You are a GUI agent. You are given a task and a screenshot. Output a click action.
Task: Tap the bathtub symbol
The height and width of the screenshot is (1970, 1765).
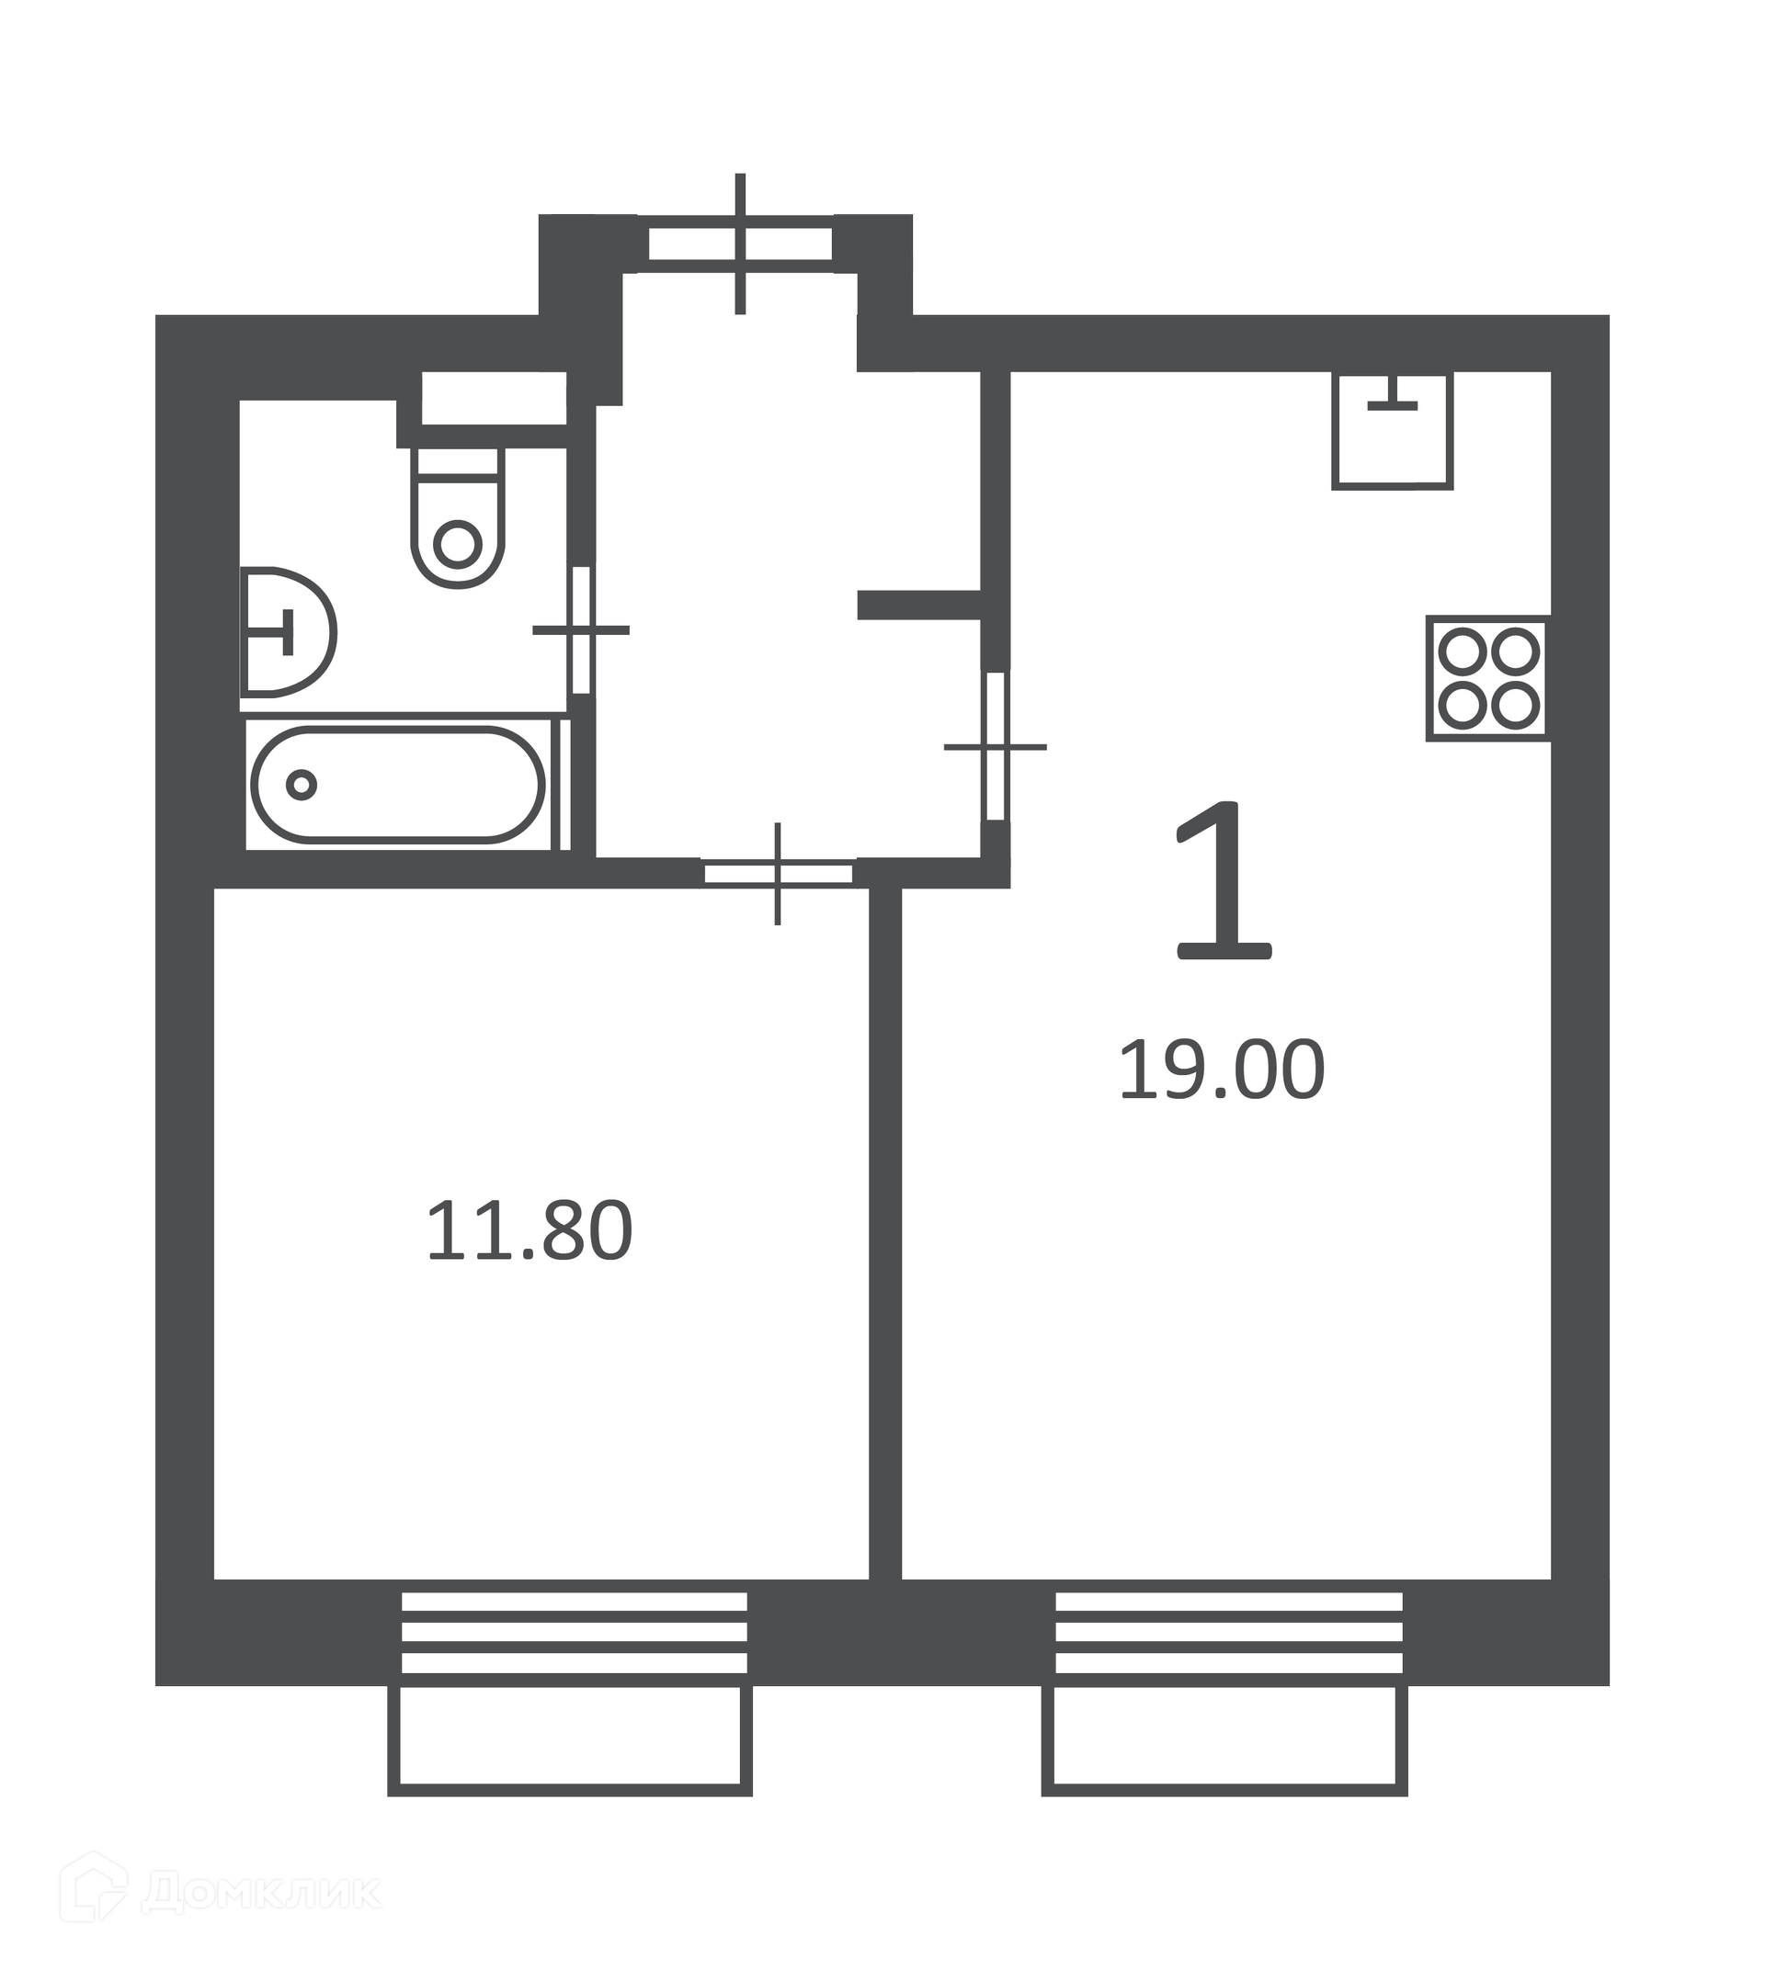(398, 785)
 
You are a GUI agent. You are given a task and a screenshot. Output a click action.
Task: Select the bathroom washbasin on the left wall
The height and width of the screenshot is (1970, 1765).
(287, 632)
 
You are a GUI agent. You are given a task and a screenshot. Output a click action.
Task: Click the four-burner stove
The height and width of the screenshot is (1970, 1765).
(1487, 679)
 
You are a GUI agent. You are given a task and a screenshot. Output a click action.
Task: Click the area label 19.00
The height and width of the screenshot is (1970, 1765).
(1222, 1070)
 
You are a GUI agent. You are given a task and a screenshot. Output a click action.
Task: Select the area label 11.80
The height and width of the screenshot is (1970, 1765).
(529, 1231)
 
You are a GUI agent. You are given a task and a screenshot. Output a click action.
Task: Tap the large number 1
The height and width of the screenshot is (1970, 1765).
(1224, 880)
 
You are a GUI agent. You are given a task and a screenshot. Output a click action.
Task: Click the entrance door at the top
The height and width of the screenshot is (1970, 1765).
(740, 244)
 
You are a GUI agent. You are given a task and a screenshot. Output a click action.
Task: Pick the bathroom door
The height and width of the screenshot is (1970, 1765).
(581, 630)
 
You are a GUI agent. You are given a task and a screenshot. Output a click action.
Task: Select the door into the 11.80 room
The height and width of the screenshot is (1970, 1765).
(778, 874)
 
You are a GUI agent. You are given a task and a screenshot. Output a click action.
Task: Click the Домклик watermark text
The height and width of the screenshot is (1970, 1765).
(262, 1889)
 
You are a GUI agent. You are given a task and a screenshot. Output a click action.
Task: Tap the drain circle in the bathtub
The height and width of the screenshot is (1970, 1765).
(302, 785)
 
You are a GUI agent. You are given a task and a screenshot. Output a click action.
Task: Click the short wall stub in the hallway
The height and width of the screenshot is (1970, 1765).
(919, 605)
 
